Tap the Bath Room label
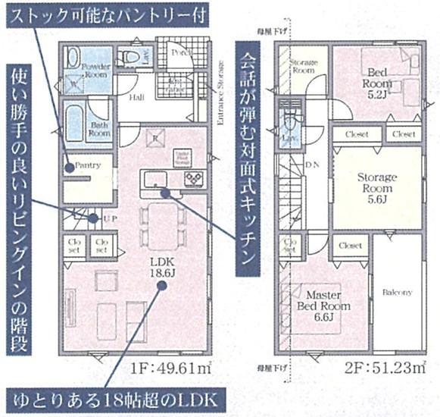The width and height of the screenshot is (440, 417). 98,128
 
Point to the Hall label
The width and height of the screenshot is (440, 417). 136,98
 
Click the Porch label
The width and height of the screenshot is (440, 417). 180,53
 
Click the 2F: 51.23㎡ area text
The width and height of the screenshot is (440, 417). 368,372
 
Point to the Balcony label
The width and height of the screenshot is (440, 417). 397,292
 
